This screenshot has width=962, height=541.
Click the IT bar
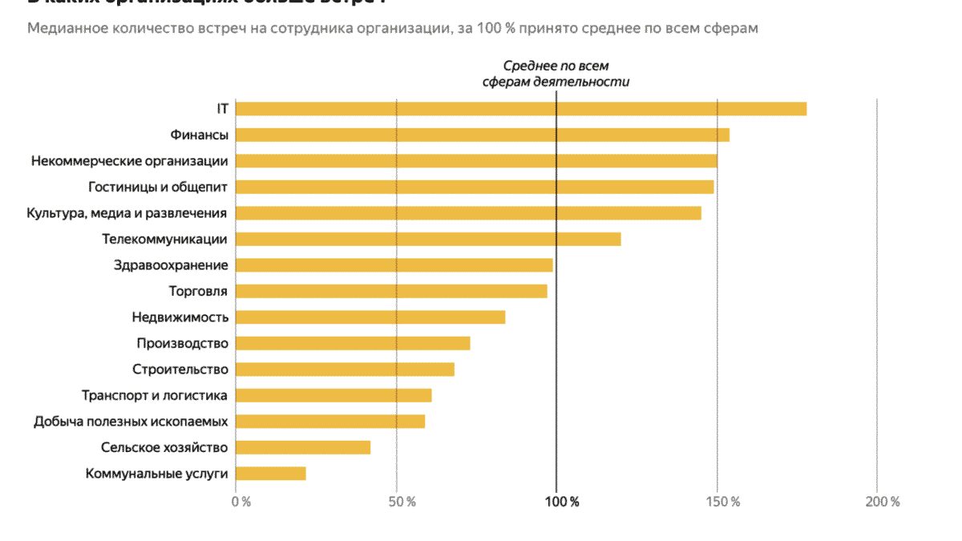tap(521, 109)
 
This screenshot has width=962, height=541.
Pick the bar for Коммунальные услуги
tap(271, 474)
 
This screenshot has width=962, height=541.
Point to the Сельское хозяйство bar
tap(303, 447)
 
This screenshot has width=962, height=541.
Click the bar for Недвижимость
tap(370, 317)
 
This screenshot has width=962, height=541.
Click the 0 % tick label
tap(240, 502)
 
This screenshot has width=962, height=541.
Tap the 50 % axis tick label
tap(402, 502)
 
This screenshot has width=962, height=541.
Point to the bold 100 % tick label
tap(562, 502)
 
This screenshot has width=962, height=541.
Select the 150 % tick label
tap(723, 502)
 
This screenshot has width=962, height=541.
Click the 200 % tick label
tap(883, 502)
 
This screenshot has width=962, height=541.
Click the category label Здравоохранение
tap(171, 265)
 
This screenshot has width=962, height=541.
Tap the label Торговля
tap(198, 291)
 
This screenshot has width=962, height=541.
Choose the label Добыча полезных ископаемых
tap(131, 422)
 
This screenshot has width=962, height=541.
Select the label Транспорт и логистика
tap(155, 395)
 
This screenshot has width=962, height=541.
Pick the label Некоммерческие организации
tap(130, 161)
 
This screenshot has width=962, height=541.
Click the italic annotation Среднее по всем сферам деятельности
tap(556, 74)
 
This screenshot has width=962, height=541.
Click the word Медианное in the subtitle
tap(65, 29)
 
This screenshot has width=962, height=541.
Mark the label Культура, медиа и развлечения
tap(127, 213)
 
